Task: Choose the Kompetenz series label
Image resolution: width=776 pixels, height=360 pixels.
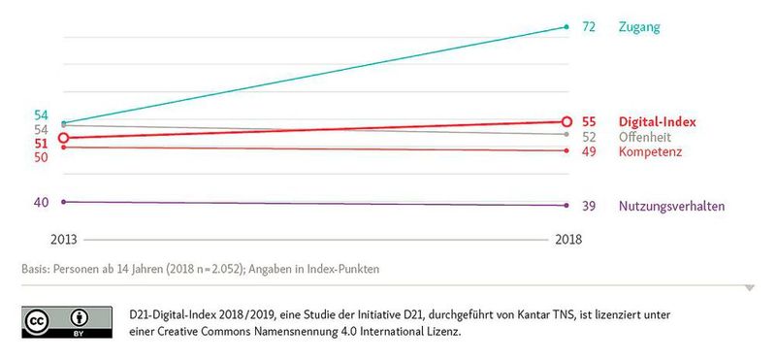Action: tap(651, 152)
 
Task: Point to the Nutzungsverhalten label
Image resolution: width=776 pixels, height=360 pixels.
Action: tap(671, 206)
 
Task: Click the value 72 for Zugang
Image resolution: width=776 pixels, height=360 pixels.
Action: tap(589, 27)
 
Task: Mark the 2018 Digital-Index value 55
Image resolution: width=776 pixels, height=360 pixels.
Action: tap(589, 122)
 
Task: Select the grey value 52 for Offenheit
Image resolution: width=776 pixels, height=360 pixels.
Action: tap(589, 137)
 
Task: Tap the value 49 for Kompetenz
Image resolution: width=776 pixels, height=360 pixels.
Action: tap(589, 152)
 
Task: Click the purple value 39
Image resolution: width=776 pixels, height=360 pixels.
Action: tap(589, 206)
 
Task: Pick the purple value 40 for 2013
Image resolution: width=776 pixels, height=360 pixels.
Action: tap(41, 202)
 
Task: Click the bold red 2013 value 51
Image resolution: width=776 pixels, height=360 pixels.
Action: tap(41, 144)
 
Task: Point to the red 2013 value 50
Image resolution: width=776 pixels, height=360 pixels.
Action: tap(41, 157)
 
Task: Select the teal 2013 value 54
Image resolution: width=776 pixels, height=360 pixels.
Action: tap(41, 115)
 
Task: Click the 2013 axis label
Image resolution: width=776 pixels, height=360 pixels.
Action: tap(63, 239)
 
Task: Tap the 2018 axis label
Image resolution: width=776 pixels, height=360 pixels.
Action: tap(566, 239)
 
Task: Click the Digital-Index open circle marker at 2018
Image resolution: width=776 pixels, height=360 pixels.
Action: tap(566, 121)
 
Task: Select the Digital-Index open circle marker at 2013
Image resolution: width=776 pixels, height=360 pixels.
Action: tap(63, 139)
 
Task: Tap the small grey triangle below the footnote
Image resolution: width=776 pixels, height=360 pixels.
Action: tap(749, 287)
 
